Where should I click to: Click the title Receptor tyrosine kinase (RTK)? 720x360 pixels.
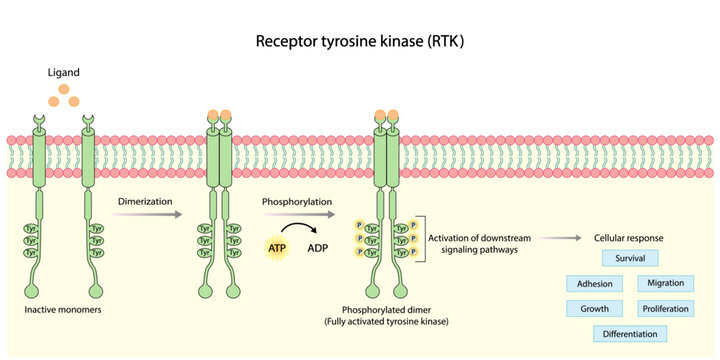pos(359,42)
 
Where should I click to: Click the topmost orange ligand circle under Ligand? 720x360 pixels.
pos(67,89)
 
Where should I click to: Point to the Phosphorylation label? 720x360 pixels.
pos(298,200)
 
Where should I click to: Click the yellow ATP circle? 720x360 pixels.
pos(280,246)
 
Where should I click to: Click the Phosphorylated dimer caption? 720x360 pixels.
pos(385,311)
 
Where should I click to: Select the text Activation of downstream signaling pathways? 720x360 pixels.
pos(478,246)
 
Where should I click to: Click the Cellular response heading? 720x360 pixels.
pos(628,239)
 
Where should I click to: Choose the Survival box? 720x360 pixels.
pos(630,258)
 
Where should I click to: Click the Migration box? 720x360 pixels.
pos(665,283)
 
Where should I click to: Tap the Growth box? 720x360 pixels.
pos(595,308)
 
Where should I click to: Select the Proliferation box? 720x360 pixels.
pos(665,308)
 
